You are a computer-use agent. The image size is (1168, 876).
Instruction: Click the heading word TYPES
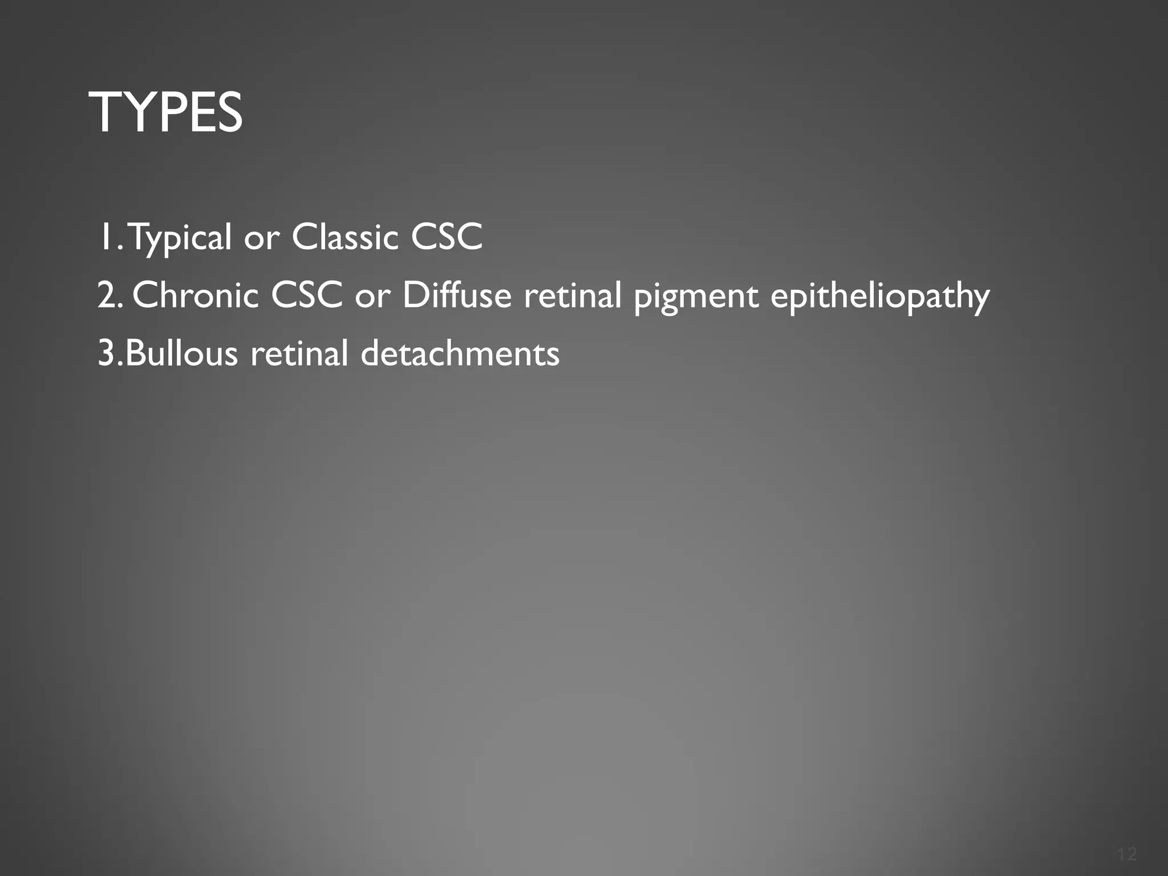166,113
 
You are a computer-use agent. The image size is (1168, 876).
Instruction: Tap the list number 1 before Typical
107,237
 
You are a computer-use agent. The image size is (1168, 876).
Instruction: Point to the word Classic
344,237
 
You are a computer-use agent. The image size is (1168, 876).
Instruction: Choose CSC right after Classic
447,237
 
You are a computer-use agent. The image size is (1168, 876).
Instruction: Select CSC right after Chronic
306,295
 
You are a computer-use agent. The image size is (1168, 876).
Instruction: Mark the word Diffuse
457,295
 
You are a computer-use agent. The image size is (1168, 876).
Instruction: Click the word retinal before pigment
573,295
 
